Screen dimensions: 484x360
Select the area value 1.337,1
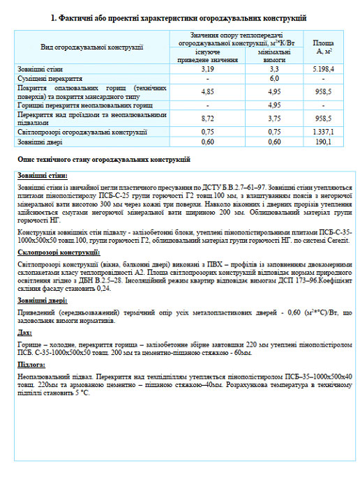[323, 132]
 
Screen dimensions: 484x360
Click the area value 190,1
[323, 142]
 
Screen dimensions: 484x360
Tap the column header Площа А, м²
[323, 47]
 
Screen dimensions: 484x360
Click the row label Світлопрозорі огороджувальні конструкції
[82, 132]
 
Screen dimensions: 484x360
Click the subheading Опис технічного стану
[104, 160]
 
